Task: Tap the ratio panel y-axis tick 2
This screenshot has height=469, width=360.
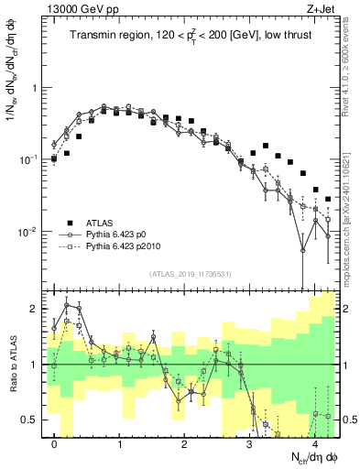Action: [x=34, y=309]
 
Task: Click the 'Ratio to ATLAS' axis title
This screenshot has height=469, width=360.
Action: [x=11, y=364]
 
